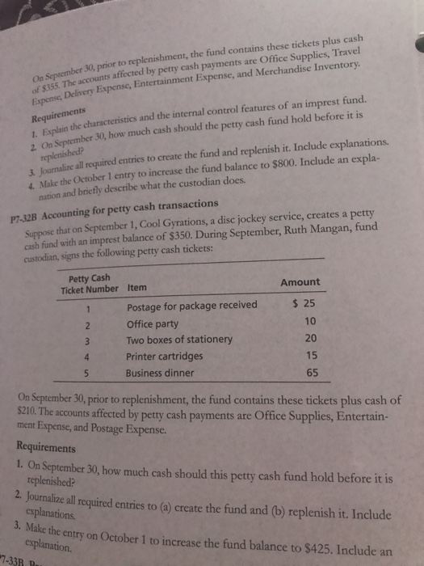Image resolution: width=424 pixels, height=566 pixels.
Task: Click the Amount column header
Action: click(x=300, y=281)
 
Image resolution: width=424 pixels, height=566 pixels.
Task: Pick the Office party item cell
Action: click(x=154, y=323)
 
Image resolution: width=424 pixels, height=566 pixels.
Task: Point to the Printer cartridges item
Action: click(x=164, y=356)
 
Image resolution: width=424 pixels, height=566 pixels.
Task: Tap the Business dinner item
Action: click(x=161, y=373)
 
